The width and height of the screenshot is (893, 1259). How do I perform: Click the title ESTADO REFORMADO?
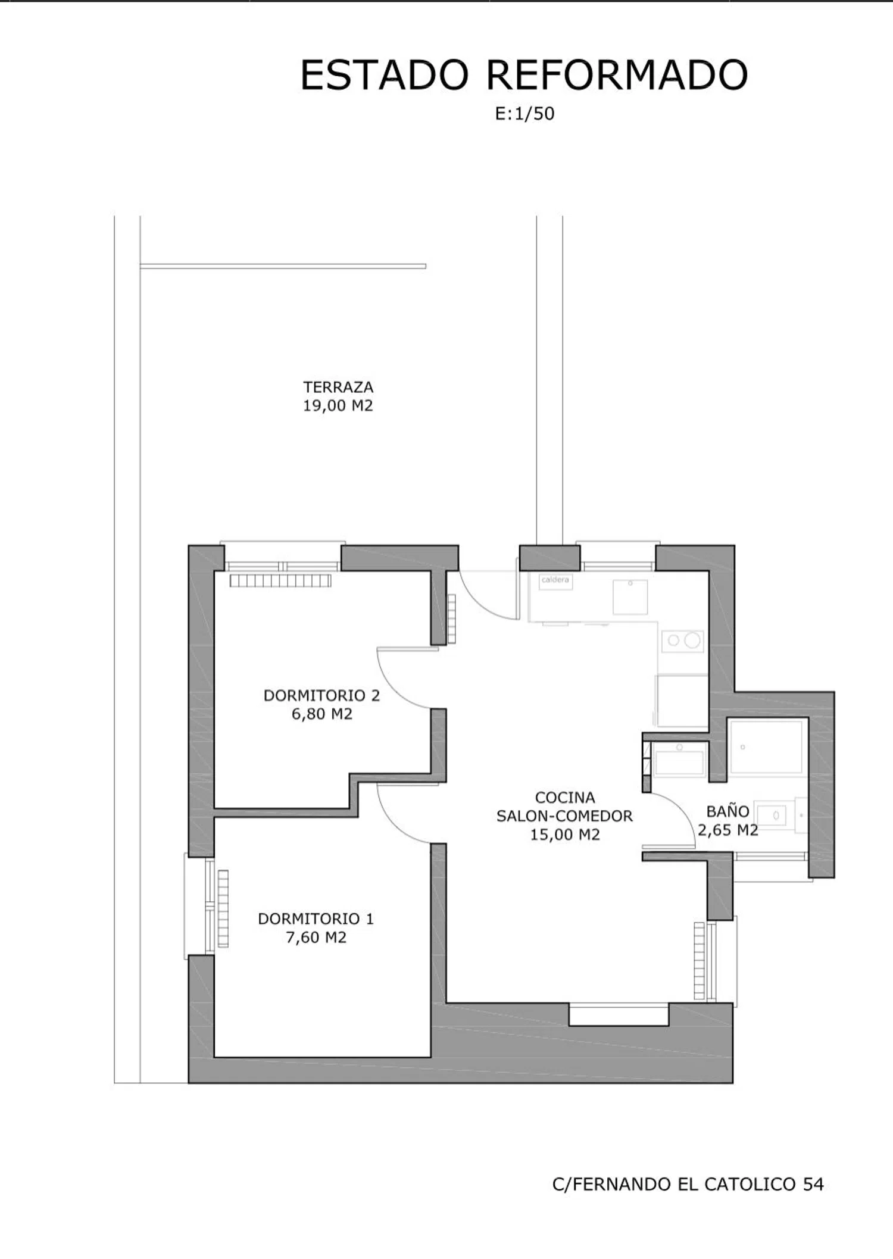click(x=524, y=76)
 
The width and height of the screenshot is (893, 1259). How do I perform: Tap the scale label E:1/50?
click(x=524, y=114)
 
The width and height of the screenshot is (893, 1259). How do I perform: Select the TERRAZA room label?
click(x=338, y=387)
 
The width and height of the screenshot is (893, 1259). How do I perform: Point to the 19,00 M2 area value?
click(x=338, y=406)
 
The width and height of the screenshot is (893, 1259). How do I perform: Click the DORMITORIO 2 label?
click(x=321, y=695)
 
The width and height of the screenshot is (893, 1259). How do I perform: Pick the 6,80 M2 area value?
click(x=322, y=714)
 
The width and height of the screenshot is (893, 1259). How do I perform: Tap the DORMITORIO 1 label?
click(x=316, y=919)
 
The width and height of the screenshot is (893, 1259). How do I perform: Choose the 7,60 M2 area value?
click(x=316, y=938)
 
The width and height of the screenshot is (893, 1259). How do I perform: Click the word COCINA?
click(x=565, y=797)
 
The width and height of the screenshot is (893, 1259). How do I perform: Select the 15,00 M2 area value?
click(x=565, y=835)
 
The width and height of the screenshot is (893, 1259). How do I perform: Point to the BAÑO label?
click(x=727, y=811)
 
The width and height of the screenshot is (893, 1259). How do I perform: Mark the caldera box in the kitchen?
click(x=555, y=581)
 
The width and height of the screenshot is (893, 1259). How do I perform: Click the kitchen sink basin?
click(x=630, y=597)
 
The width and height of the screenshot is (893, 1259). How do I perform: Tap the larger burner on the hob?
click(x=692, y=641)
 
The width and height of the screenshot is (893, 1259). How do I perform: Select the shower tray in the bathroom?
click(x=766, y=747)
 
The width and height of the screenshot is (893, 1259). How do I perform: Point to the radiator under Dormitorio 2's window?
click(x=280, y=580)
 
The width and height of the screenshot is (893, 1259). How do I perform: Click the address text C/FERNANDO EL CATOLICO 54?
click(x=688, y=1185)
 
